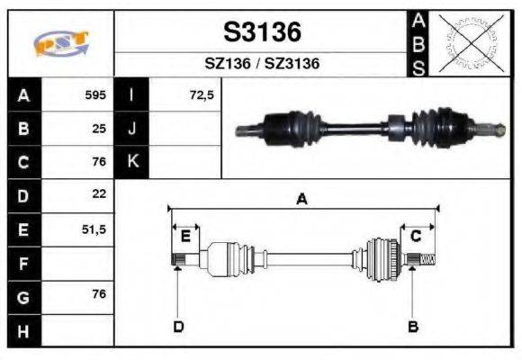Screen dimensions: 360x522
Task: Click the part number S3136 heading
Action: tap(261, 32)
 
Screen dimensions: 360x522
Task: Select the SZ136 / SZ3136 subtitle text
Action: tap(261, 64)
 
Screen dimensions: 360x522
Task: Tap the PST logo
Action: tap(60, 44)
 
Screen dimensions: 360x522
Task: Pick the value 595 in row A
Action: tap(95, 94)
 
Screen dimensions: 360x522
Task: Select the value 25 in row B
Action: tap(99, 129)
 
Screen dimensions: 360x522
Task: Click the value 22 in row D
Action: tap(99, 193)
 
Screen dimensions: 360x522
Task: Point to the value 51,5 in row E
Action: tap(94, 229)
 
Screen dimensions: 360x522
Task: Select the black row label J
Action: tap(131, 129)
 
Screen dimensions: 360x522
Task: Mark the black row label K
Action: tap(131, 162)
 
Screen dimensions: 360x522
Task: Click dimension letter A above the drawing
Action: tap(302, 200)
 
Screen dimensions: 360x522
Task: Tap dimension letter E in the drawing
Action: tap(185, 236)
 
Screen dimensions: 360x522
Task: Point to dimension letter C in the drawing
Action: tap(416, 236)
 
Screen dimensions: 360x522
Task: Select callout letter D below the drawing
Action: tap(178, 327)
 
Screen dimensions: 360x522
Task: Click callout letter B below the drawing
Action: tap(413, 327)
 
